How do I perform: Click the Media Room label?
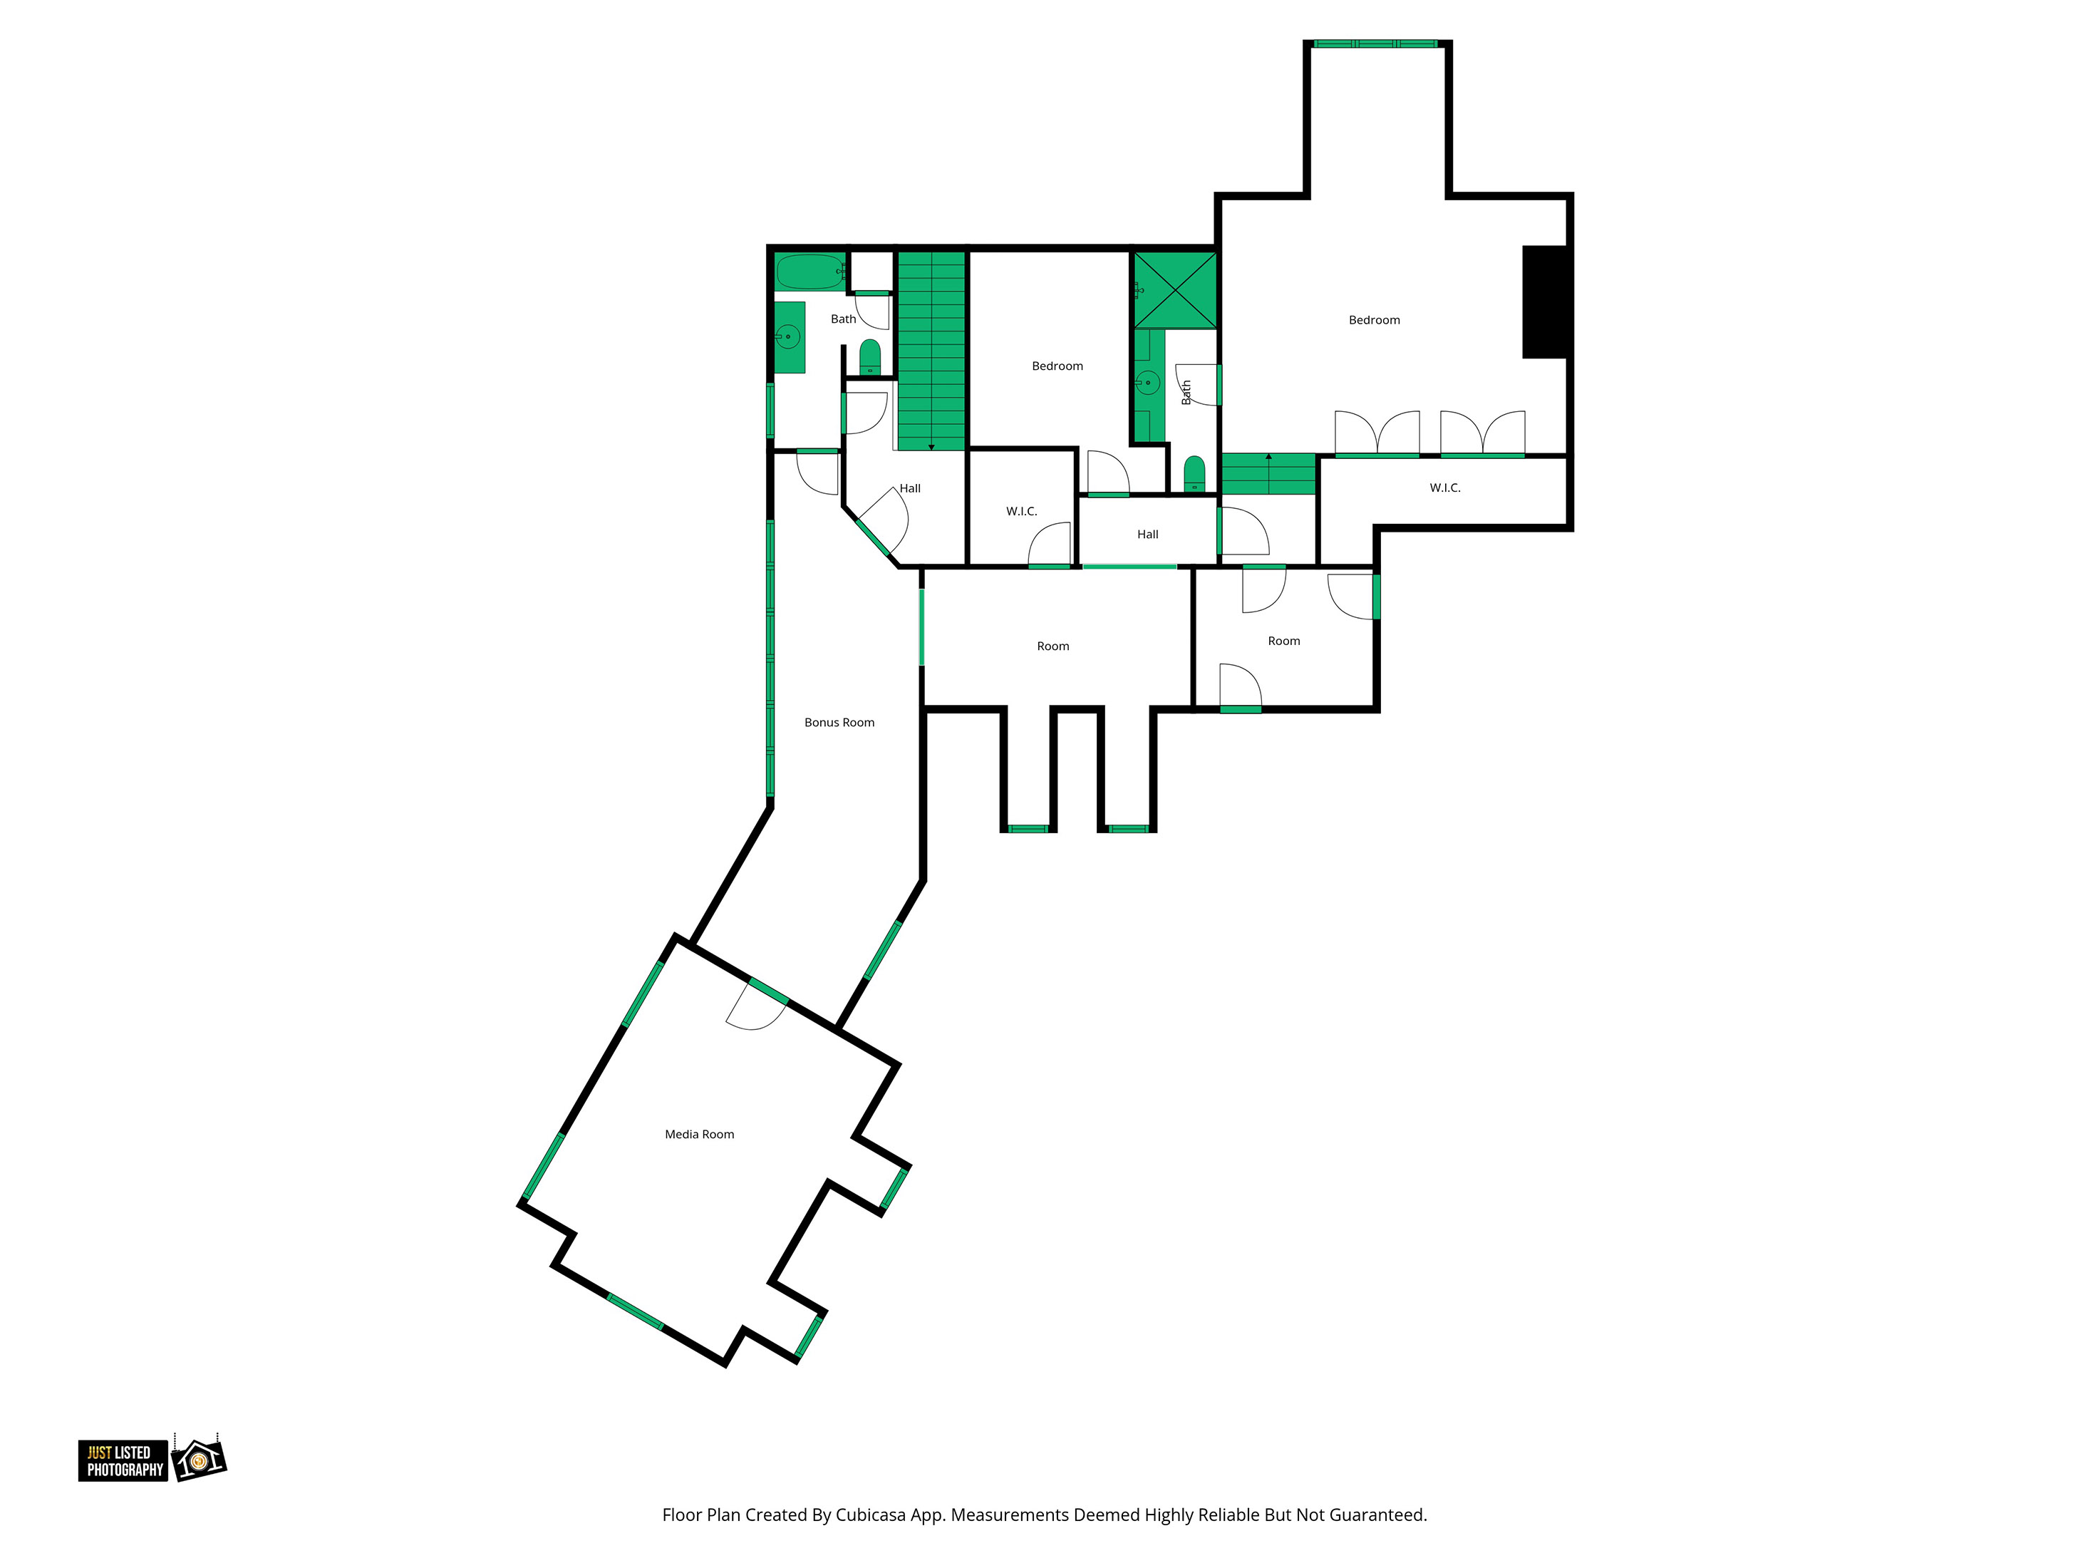699,1134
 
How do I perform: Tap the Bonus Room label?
839,722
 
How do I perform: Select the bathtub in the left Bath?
809,272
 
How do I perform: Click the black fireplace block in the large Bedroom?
1545,301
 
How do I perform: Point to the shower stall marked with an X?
1174,289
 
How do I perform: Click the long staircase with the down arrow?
931,351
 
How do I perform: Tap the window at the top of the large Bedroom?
1376,43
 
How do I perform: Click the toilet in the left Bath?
870,357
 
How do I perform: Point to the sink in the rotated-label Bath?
1147,383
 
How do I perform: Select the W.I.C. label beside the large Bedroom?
1444,488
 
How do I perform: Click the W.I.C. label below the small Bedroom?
1021,511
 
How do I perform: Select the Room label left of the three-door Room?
1052,646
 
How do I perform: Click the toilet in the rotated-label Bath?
1194,473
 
